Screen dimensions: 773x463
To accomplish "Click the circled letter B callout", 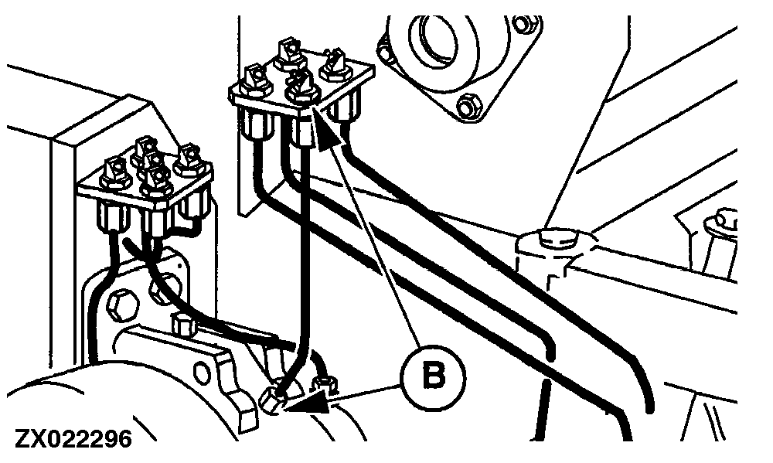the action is click(434, 377).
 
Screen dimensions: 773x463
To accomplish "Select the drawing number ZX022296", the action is click(74, 438).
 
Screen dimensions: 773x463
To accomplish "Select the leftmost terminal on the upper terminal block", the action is click(254, 80).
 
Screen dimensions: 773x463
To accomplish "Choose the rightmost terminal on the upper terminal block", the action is click(336, 65).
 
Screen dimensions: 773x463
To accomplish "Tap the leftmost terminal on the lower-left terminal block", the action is click(116, 173).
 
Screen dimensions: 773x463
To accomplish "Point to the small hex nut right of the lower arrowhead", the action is click(325, 384).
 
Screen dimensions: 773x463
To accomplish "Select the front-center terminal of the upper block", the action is click(301, 87).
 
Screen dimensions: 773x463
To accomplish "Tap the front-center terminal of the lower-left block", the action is click(157, 180).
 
